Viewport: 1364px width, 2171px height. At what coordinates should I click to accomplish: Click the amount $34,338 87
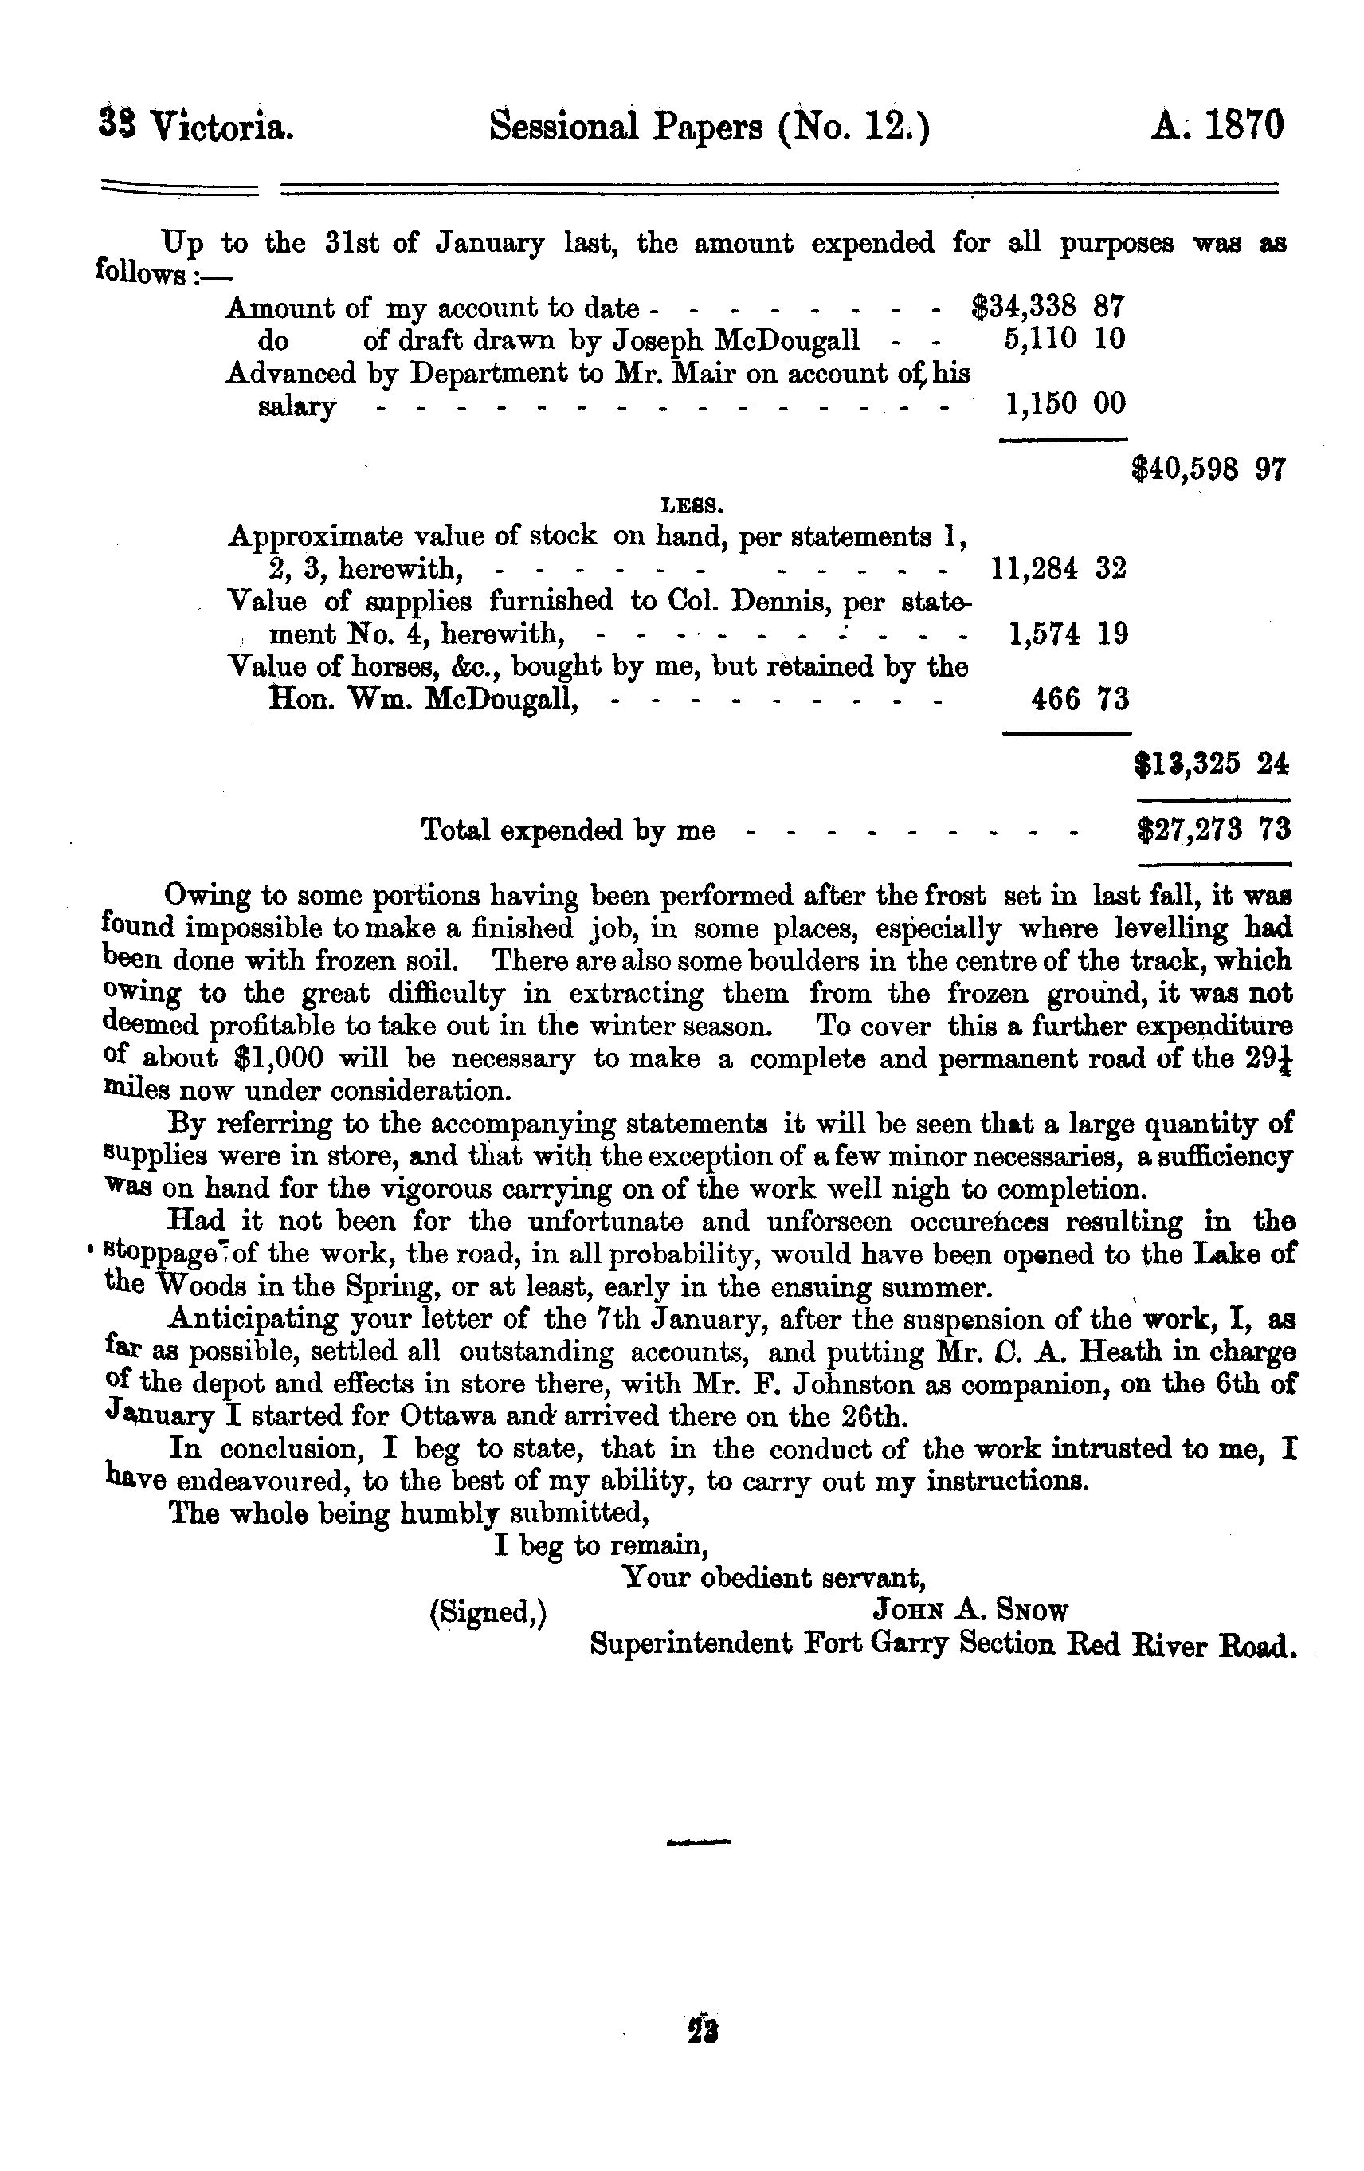pos(1048,308)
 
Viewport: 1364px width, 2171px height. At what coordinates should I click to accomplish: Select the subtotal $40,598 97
pos(1208,469)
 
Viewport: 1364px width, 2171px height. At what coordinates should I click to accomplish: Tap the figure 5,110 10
pos(1064,340)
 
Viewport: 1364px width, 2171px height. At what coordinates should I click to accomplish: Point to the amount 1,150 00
pos(1064,404)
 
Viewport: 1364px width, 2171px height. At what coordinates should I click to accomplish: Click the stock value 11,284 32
pos(1058,568)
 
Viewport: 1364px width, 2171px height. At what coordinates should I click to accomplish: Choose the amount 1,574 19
pos(1068,634)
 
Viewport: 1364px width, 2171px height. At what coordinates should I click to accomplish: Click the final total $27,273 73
pos(1213,829)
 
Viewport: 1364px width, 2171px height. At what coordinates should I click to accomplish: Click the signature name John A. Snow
pos(969,1610)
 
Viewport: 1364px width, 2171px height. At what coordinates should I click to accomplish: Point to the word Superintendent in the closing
pos(690,1643)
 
